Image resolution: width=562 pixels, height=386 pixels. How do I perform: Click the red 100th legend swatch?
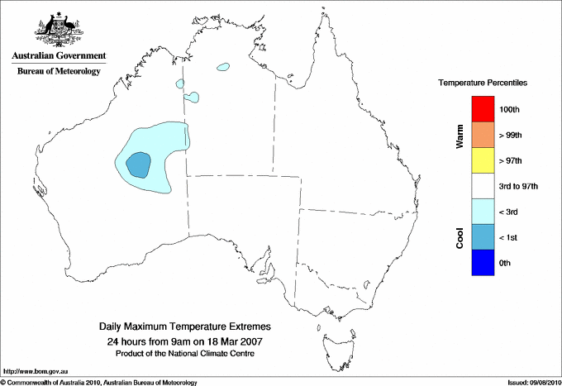pyautogui.click(x=482, y=108)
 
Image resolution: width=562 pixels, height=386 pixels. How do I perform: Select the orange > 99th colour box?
pyautogui.click(x=482, y=134)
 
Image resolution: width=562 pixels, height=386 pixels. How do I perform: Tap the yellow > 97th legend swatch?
pyautogui.click(x=482, y=160)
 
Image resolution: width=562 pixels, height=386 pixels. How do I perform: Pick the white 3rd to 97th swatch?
pyautogui.click(x=482, y=185)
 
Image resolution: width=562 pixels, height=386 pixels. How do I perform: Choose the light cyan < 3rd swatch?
pyautogui.click(x=482, y=211)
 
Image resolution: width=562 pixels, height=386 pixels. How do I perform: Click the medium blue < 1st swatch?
pyautogui.click(x=482, y=236)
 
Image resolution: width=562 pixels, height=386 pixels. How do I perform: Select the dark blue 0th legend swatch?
pyautogui.click(x=482, y=262)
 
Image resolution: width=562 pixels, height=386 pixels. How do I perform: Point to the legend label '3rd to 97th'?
pyautogui.click(x=519, y=186)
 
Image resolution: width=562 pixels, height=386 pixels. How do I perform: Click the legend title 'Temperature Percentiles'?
pyautogui.click(x=483, y=83)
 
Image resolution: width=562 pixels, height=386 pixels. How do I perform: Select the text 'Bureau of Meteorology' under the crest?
pyautogui.click(x=59, y=71)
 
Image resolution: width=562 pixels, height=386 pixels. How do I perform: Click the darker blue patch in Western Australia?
pyautogui.click(x=139, y=164)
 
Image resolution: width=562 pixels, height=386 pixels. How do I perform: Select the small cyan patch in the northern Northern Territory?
pyautogui.click(x=222, y=68)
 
